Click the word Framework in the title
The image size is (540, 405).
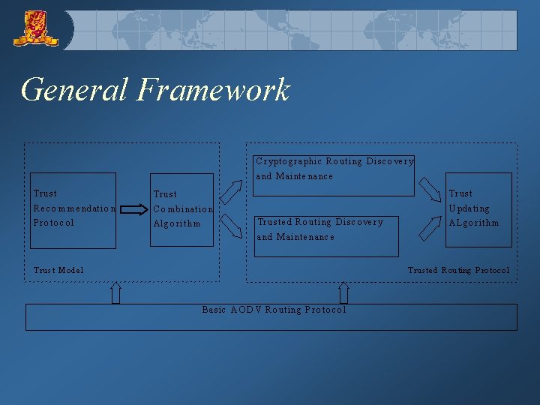pyautogui.click(x=213, y=90)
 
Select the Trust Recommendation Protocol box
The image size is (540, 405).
pyautogui.click(x=73, y=210)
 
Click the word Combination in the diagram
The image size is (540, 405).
pyautogui.click(x=183, y=209)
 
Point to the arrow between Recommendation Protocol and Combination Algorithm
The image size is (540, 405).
pyautogui.click(x=135, y=210)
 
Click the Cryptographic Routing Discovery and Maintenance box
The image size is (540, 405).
pyautogui.click(x=334, y=175)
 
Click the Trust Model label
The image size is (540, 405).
pyautogui.click(x=58, y=270)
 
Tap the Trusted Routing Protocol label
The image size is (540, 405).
pyautogui.click(x=457, y=270)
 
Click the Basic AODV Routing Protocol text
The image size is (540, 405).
pyautogui.click(x=274, y=310)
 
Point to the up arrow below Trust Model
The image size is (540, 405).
pyautogui.click(x=116, y=292)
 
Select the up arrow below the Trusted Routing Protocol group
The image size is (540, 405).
pyautogui.click(x=343, y=292)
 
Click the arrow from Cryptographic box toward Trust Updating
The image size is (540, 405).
pyautogui.click(x=430, y=189)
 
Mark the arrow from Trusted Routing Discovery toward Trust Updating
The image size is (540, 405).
pyautogui.click(x=430, y=227)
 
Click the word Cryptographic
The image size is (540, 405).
pyautogui.click(x=288, y=161)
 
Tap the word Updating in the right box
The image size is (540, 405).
pyautogui.click(x=469, y=208)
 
